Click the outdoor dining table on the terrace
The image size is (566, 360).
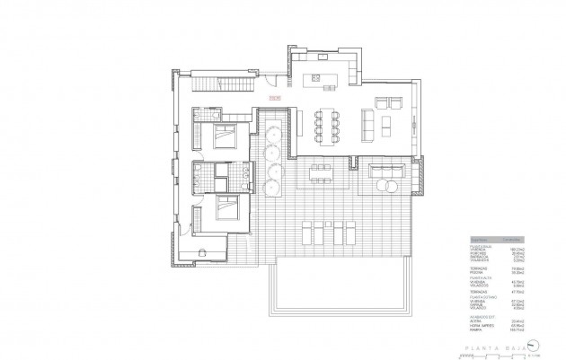pyautogui.click(x=320, y=171)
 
